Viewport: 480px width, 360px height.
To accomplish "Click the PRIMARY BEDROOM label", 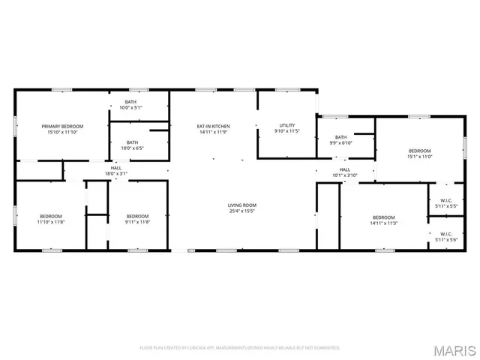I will [62, 126].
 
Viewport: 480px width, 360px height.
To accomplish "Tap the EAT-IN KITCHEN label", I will [213, 126].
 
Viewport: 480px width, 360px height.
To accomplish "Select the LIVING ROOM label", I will [242, 205].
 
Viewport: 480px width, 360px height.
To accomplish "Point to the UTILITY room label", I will [287, 125].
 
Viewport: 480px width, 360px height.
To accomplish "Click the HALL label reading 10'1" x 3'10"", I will [345, 170].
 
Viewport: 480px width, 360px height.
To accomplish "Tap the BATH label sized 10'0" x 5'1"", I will [131, 102].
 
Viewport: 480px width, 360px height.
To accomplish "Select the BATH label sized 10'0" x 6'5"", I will [132, 142].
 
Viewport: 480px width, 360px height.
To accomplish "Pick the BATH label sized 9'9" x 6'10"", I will [341, 137].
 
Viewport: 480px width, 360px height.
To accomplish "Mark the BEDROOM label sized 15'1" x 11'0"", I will [419, 151].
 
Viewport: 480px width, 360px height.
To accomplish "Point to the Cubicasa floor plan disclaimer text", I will [240, 347].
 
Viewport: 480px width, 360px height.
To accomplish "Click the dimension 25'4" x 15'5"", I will [242, 211].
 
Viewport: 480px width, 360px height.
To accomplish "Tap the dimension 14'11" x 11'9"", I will [213, 132].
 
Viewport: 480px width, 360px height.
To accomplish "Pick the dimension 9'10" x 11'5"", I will [287, 131].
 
